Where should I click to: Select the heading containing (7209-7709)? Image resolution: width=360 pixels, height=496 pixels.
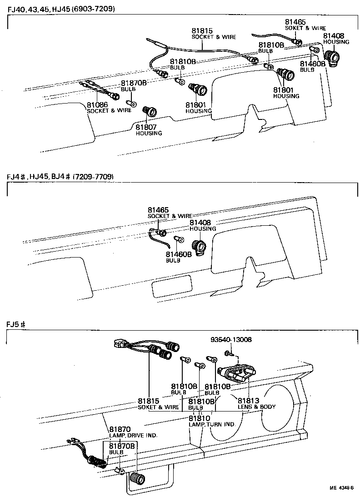(x=60, y=176)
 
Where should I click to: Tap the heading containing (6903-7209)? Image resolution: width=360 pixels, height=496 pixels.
(x=60, y=9)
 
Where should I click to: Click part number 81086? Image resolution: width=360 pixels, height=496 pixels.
(x=98, y=104)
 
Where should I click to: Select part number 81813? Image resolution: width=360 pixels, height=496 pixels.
(x=249, y=401)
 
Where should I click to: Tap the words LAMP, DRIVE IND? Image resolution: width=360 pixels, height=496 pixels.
(x=133, y=435)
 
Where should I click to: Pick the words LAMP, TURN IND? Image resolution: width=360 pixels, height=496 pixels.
(x=212, y=424)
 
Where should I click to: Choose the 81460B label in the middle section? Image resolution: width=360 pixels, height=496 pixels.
(x=176, y=254)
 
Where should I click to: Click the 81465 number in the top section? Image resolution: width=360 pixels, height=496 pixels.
(x=295, y=22)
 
